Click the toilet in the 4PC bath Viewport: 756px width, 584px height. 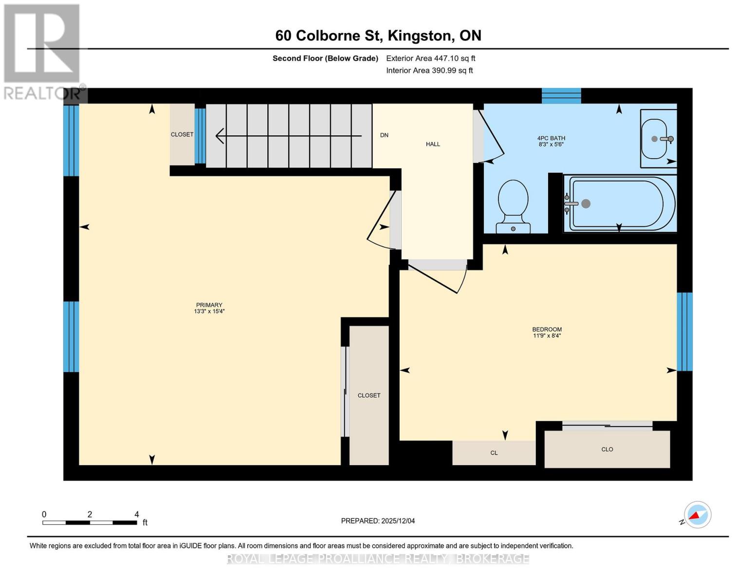tap(513, 206)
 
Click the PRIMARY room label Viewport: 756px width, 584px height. tap(209, 305)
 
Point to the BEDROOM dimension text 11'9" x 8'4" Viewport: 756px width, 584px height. tap(547, 336)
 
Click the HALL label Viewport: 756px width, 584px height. tap(433, 144)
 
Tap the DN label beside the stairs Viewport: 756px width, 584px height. tap(384, 135)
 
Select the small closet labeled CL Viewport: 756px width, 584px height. tap(494, 453)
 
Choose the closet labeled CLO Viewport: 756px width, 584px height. tap(607, 449)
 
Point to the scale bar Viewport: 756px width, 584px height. tap(90, 523)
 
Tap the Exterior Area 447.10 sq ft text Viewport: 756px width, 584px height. tap(430, 58)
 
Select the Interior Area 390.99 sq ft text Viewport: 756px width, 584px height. tap(429, 71)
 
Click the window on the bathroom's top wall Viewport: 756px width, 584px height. tap(561, 96)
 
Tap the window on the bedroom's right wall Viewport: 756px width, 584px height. tap(684, 331)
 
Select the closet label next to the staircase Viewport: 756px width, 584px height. tap(182, 134)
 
